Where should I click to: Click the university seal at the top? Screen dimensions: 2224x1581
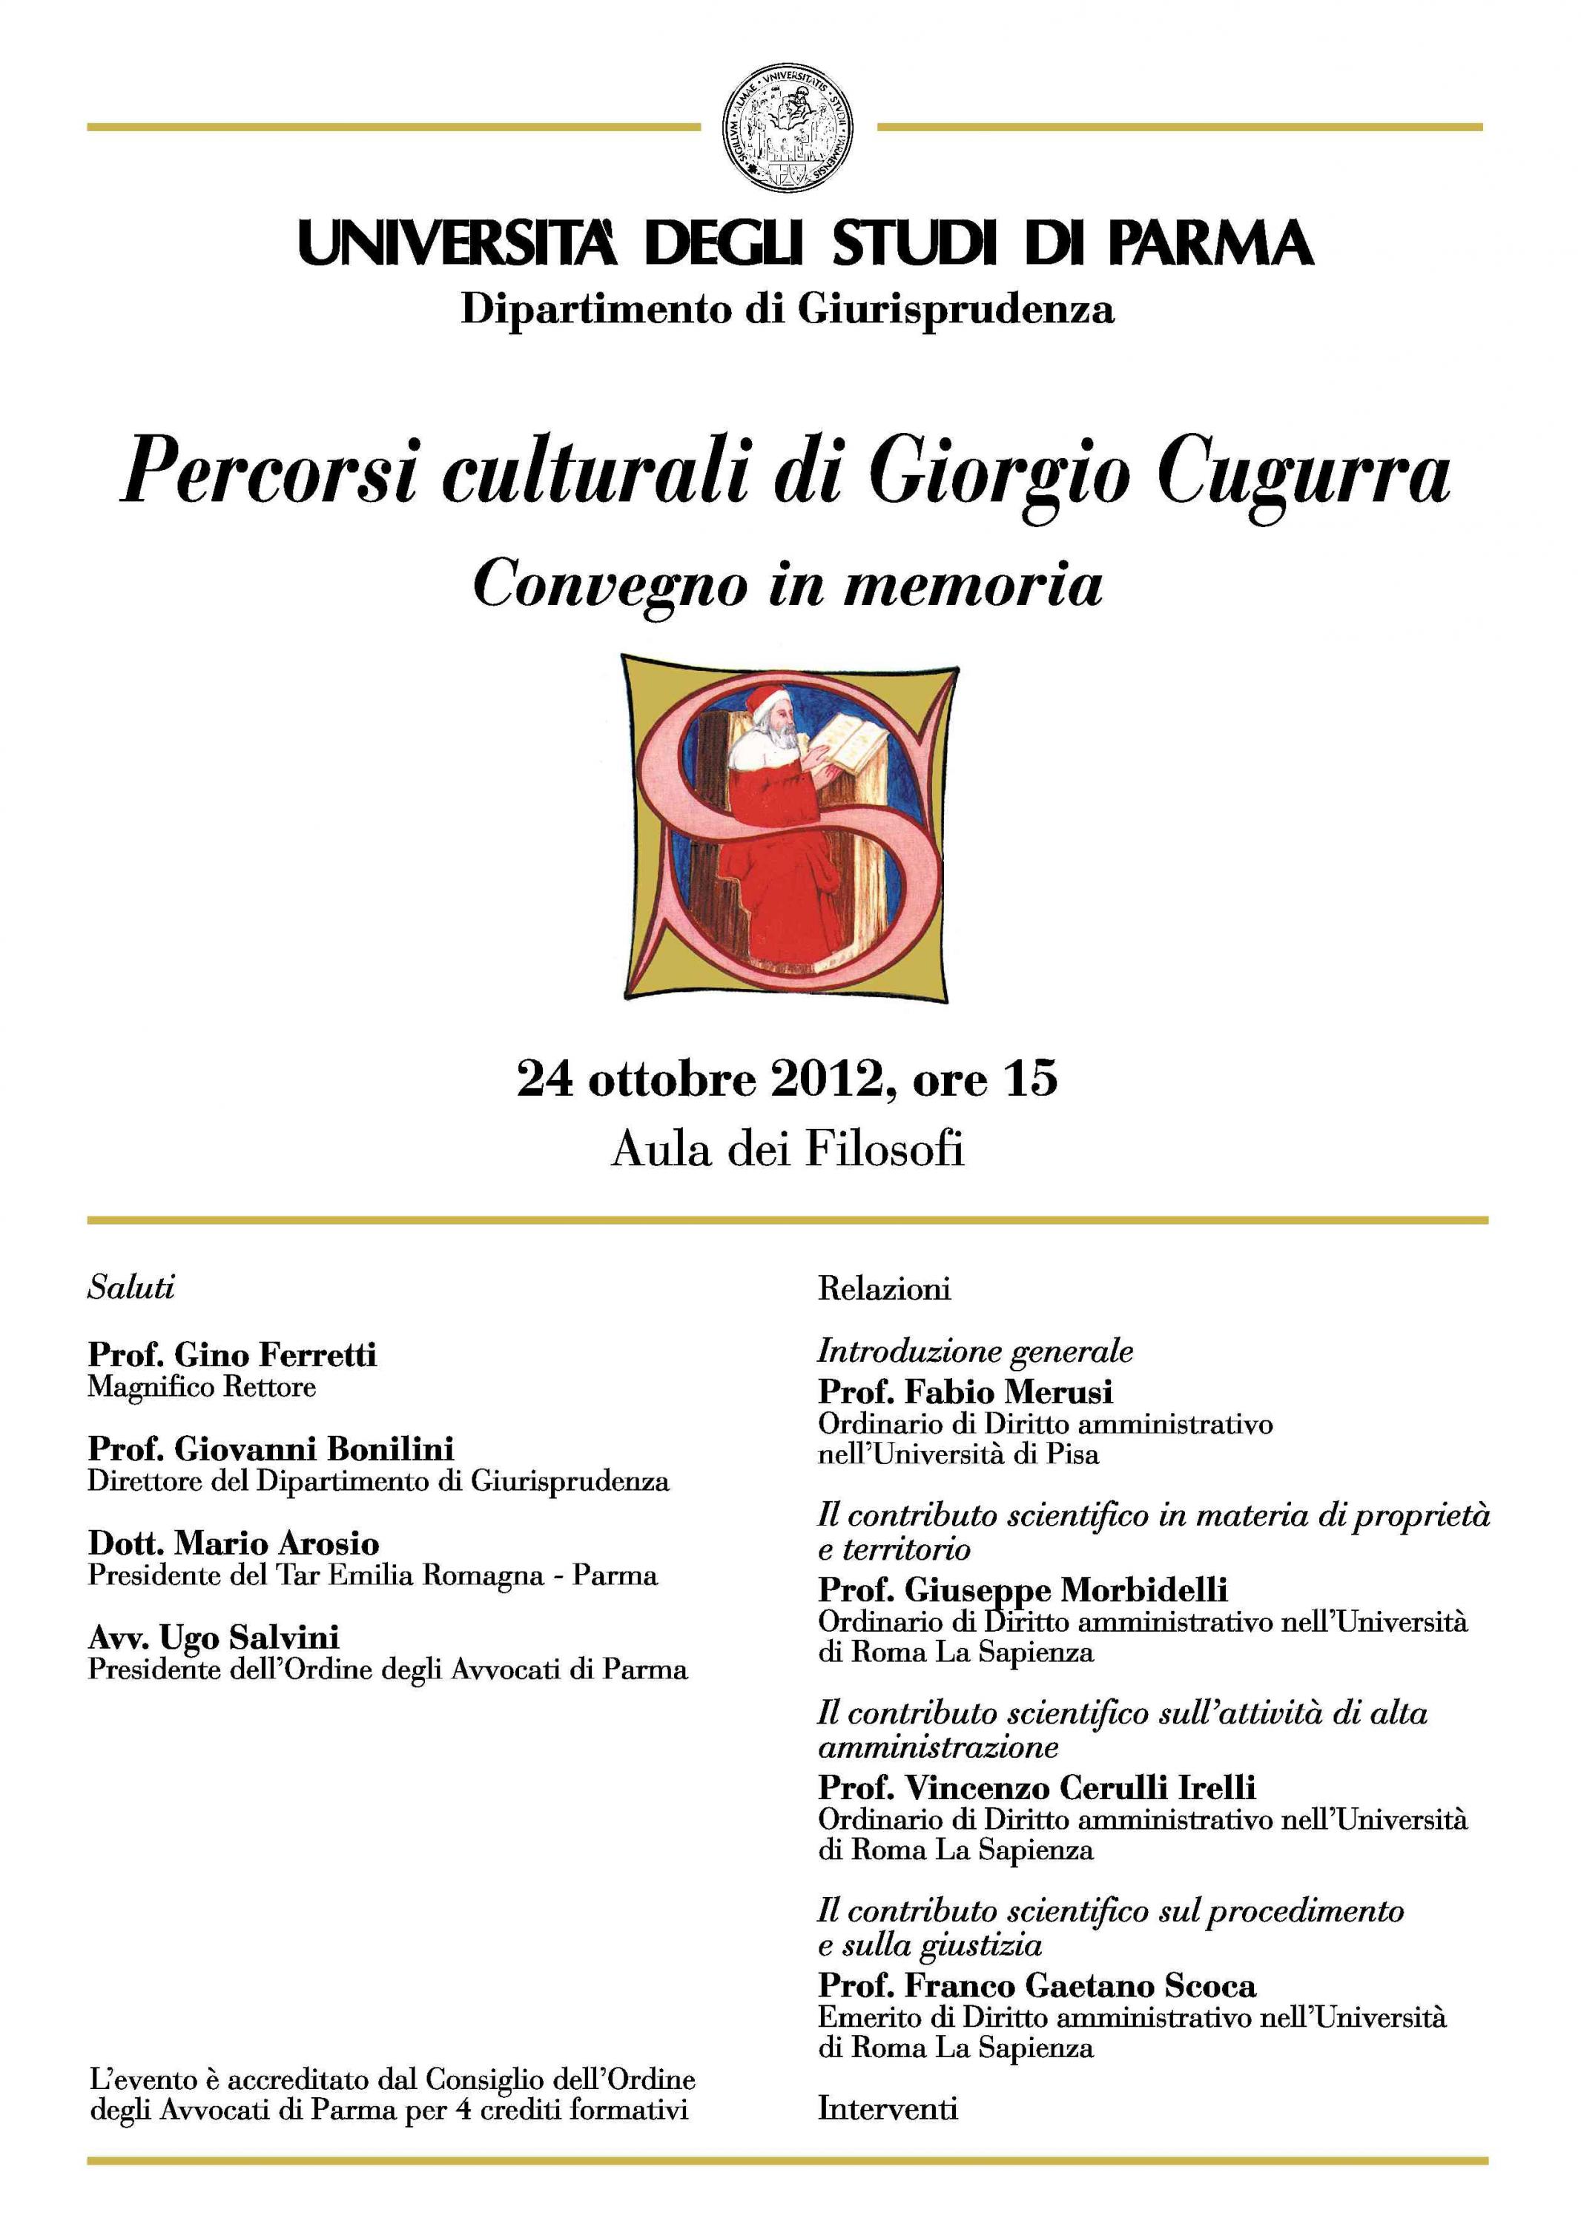point(788,128)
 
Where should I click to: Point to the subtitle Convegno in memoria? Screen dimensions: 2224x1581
point(788,584)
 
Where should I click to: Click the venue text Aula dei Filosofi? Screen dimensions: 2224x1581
point(788,1150)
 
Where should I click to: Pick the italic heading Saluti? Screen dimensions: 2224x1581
point(131,1288)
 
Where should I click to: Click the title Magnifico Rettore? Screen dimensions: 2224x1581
point(202,1386)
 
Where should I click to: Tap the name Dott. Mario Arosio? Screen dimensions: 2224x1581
point(234,1543)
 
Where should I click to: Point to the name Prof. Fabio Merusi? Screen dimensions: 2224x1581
point(965,1391)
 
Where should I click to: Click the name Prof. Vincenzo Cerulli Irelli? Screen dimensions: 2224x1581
point(1037,1787)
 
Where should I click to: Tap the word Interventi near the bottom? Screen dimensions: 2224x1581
point(887,2109)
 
